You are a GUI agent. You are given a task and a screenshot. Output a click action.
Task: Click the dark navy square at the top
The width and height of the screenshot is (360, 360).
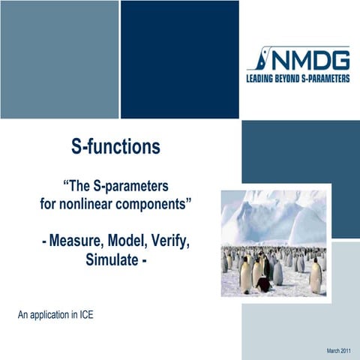[x=180, y=59]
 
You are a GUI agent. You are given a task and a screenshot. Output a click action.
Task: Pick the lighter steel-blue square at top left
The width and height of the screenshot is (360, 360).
[x=59, y=59]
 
